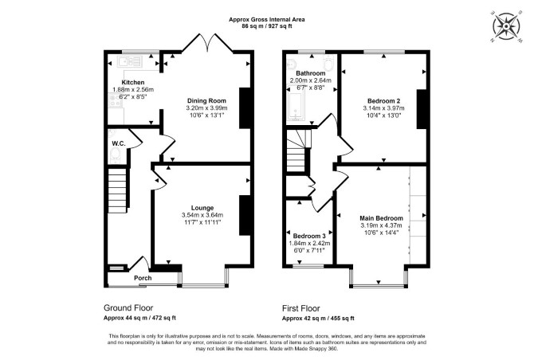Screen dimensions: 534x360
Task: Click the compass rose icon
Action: point(506,26)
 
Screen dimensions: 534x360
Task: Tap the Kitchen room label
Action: point(133,82)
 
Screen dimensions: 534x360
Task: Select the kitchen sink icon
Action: point(129,61)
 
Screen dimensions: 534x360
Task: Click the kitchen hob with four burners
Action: point(115,100)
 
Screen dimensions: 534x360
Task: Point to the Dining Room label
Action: point(206,100)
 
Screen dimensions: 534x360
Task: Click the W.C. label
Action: point(119,143)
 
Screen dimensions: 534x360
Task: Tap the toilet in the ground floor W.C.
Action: point(116,155)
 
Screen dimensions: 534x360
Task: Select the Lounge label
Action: point(202,208)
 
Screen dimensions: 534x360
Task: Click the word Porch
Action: point(143,278)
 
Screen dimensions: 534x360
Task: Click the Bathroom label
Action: point(311,73)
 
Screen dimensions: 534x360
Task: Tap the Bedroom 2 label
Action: point(384,101)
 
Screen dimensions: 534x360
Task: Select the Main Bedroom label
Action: point(382,218)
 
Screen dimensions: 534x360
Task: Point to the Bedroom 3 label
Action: point(309,236)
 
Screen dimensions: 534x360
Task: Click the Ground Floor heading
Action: point(128,308)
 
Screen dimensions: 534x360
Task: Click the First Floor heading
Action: point(301,308)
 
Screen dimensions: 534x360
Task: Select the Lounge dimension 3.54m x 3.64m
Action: point(202,215)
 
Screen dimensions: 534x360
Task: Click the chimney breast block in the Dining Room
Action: point(245,108)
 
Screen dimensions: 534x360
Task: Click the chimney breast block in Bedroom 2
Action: point(422,109)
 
